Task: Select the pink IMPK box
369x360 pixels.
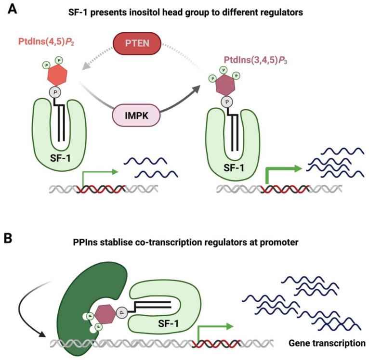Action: pos(136,116)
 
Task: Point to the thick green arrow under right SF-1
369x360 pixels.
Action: pos(282,172)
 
